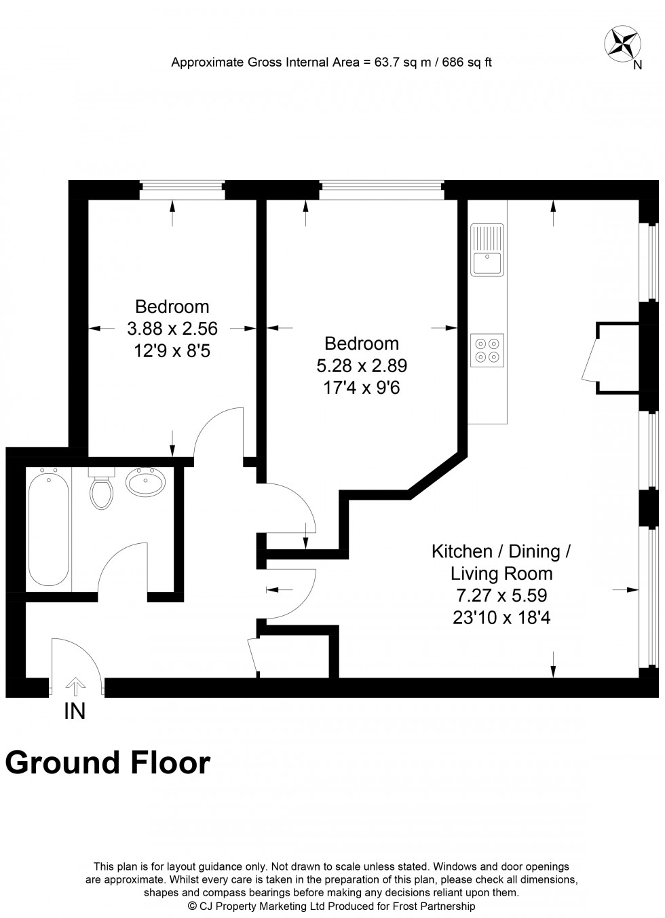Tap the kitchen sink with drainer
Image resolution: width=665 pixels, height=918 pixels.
click(x=488, y=250)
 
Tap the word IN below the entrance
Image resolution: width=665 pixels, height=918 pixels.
click(x=75, y=711)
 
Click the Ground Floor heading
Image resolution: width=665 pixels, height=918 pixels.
click(x=108, y=763)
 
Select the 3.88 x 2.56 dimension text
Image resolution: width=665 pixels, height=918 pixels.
click(x=172, y=329)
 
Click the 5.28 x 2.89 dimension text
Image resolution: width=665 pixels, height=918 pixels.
click(x=362, y=366)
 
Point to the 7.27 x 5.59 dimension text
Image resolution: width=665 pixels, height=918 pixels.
click(x=501, y=595)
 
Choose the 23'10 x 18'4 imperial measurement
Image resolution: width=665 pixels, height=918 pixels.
click(x=501, y=618)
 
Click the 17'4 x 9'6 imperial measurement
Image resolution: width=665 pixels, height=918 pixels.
click(x=362, y=388)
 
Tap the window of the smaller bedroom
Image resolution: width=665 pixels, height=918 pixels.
click(x=181, y=190)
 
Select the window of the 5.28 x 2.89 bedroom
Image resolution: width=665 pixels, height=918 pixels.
click(x=381, y=190)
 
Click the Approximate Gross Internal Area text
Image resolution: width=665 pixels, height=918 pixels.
click(x=331, y=62)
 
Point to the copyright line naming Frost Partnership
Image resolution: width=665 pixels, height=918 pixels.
click(x=331, y=906)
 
